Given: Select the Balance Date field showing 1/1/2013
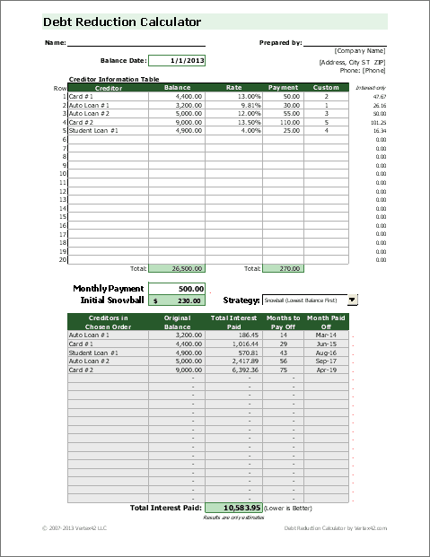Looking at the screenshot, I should (176, 61).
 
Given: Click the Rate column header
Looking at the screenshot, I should (233, 88).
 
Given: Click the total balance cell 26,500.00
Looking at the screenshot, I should (175, 267).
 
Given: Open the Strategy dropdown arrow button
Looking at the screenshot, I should (352, 300).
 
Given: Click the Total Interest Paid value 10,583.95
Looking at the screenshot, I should (233, 507).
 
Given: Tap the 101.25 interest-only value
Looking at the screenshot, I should (378, 122).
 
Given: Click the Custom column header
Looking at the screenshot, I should (326, 88).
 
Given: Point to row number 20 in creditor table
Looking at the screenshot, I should (63, 259).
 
